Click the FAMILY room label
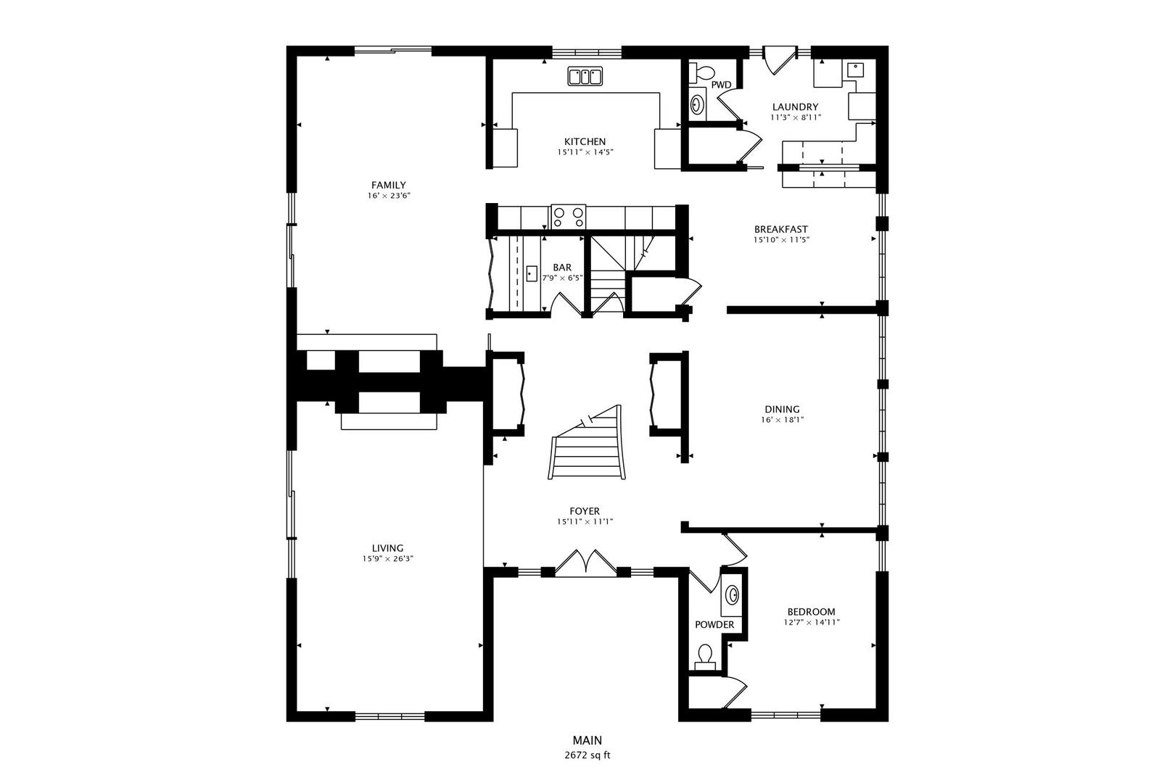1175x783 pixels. click(x=388, y=185)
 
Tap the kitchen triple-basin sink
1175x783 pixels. click(x=585, y=76)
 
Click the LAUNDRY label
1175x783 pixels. click(x=795, y=107)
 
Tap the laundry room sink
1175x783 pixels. click(x=855, y=70)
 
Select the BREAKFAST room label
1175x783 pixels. click(x=780, y=229)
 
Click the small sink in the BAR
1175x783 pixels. click(x=532, y=274)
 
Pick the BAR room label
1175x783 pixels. click(x=562, y=268)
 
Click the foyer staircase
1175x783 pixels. click(x=587, y=446)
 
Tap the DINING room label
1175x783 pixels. click(x=782, y=409)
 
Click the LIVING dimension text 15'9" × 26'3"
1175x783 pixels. click(x=388, y=559)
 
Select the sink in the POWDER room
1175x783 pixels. click(x=733, y=595)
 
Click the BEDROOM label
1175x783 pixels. click(x=812, y=611)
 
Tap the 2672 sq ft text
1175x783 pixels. click(x=587, y=755)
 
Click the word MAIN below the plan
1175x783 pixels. click(x=587, y=740)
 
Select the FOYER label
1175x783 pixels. click(x=585, y=511)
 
